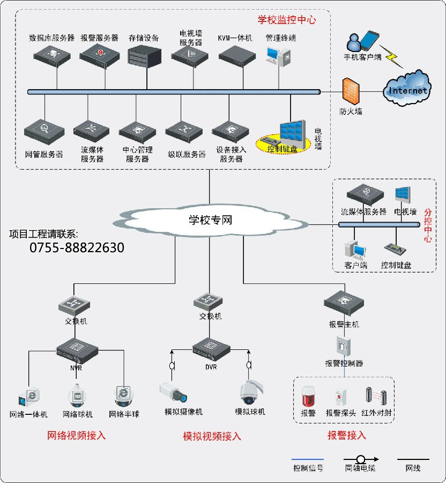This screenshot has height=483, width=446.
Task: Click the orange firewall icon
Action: point(351,91)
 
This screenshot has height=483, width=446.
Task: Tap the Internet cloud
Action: point(407,89)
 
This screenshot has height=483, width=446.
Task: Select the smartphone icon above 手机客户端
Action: point(370,40)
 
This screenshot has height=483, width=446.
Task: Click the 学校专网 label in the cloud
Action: point(210,220)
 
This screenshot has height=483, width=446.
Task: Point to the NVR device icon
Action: point(77,351)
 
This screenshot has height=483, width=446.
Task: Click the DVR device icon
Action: point(211,349)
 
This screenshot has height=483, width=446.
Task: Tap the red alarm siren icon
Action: point(309,397)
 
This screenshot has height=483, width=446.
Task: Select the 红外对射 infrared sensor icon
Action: point(376,396)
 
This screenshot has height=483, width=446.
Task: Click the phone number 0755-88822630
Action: point(77,247)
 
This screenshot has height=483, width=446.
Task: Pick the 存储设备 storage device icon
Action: point(144,56)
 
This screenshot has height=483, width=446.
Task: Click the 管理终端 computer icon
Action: point(278,56)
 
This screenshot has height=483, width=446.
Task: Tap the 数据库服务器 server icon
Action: point(52,56)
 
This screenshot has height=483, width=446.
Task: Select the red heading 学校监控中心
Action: point(287,20)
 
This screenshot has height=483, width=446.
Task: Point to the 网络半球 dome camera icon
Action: point(124,397)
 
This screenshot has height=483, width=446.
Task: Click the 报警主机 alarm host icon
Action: point(344,303)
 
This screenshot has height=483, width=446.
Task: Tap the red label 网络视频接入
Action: point(76,436)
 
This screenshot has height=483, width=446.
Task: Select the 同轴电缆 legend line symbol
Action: point(361,459)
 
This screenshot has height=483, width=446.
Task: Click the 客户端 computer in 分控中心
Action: point(355,250)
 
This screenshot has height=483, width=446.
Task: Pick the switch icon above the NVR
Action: point(74,305)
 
